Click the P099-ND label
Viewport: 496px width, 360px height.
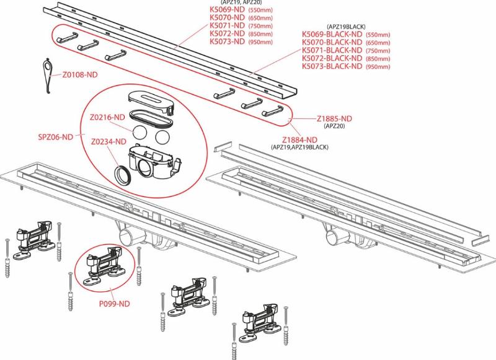click(114, 304)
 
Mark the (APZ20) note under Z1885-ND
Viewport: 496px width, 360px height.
click(334, 126)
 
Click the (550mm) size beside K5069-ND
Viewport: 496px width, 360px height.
click(260, 11)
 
